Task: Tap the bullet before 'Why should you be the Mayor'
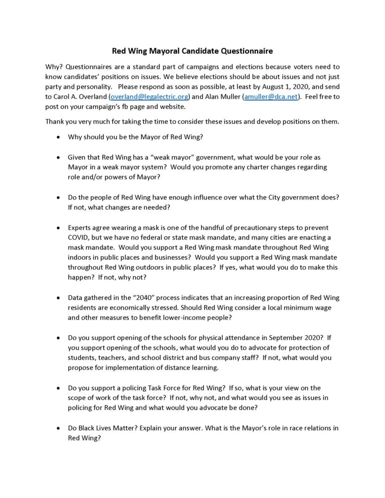coord(61,136)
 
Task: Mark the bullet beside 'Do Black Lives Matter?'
coord(61,428)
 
